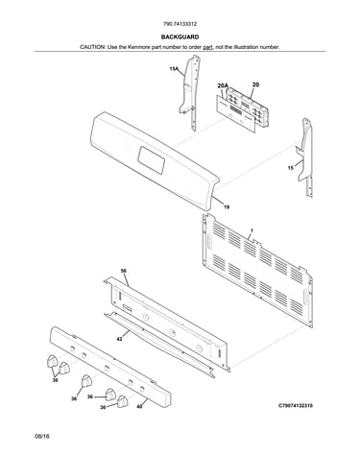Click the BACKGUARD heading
pos(180,37)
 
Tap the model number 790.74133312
pos(180,24)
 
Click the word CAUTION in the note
pos(92,47)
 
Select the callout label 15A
pos(174,68)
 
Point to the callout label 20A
pos(223,85)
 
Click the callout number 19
pos(227,207)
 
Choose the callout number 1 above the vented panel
pos(252,230)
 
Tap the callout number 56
pos(123,271)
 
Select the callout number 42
pos(119,339)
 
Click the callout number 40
pos(139,407)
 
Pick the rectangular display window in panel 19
pos(152,160)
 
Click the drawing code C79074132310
pos(296,406)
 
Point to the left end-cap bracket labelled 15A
pos(190,93)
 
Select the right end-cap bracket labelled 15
pos(304,156)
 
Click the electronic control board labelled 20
pos(245,106)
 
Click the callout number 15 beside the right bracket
pos(291,168)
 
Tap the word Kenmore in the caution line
pos(138,47)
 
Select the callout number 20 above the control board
pos(255,84)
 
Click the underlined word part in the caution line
pos(207,47)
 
